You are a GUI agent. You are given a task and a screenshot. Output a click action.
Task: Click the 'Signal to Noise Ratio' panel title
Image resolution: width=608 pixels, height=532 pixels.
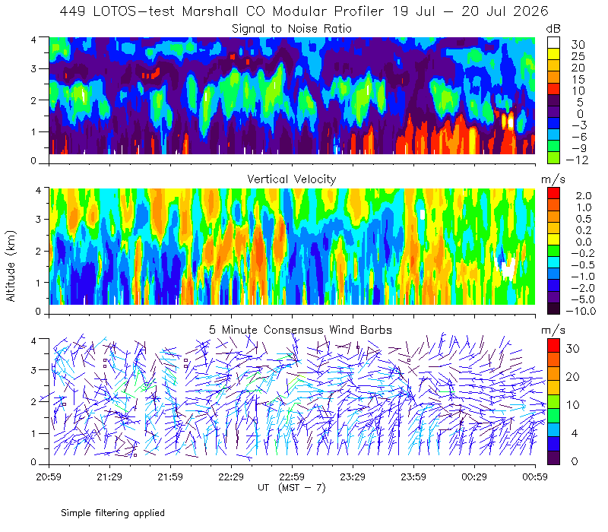292,29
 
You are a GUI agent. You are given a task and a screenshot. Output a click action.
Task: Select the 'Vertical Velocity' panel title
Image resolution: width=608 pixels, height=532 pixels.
292,179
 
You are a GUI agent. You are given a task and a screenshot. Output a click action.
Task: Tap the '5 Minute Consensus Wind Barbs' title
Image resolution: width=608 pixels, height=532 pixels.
300,330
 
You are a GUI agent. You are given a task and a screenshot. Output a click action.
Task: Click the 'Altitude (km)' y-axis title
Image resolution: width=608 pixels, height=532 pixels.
11,266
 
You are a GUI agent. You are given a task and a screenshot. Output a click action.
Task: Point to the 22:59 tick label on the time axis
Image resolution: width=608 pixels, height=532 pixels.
292,477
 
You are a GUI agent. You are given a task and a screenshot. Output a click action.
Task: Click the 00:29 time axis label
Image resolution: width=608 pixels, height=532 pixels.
474,477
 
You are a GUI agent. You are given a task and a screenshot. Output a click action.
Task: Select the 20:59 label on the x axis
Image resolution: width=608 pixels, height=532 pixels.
49,477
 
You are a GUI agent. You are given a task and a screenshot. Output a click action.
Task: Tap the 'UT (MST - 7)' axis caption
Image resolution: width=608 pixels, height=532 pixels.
292,488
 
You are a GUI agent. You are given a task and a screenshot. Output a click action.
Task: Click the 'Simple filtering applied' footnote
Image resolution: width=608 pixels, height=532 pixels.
112,513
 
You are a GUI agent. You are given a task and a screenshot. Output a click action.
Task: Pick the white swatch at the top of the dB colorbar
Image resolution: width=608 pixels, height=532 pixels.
553,43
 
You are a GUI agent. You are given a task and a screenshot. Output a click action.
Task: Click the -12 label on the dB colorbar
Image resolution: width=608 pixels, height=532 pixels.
577,160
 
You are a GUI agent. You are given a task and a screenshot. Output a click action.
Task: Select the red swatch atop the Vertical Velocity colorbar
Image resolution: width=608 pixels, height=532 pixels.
553,194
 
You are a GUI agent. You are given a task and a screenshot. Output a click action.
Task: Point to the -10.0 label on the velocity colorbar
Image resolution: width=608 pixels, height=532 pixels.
581,311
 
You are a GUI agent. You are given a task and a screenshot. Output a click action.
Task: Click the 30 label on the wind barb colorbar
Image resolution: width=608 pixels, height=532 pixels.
573,349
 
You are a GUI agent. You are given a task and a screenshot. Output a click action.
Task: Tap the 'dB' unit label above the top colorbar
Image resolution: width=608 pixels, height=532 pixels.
553,29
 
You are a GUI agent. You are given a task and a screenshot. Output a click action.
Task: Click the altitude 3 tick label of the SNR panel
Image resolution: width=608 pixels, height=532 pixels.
33,68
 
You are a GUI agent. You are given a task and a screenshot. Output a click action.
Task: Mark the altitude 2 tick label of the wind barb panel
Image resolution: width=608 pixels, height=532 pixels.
33,402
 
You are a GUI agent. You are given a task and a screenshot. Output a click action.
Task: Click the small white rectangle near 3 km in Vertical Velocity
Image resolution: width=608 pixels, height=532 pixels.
423,214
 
